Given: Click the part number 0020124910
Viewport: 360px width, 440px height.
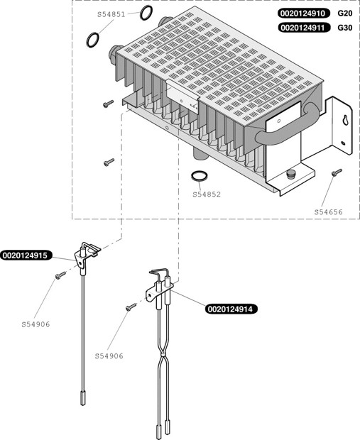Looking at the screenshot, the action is pyautogui.click(x=303, y=13).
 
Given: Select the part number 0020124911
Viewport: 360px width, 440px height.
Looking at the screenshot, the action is pyautogui.click(x=303, y=28).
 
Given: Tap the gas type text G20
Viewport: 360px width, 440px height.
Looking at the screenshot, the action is pyautogui.click(x=345, y=13).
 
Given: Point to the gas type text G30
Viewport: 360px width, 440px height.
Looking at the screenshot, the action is pyautogui.click(x=345, y=28).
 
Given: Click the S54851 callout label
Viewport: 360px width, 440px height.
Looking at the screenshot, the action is pyautogui.click(x=111, y=14).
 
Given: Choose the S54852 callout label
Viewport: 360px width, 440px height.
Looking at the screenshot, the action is pyautogui.click(x=207, y=194).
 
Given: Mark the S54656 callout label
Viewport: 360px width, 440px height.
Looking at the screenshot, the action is pyautogui.click(x=329, y=212).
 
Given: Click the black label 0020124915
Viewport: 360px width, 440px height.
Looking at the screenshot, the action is pyautogui.click(x=26, y=255).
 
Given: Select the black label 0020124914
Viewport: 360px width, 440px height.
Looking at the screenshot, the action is pyautogui.click(x=231, y=309).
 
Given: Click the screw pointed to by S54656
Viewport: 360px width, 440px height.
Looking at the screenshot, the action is pyautogui.click(x=337, y=172).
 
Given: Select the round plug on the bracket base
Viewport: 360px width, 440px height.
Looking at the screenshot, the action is pyautogui.click(x=290, y=173).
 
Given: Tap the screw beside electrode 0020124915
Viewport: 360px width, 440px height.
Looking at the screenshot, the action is pyautogui.click(x=60, y=275).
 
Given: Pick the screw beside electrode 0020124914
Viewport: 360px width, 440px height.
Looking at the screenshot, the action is pyautogui.click(x=131, y=307).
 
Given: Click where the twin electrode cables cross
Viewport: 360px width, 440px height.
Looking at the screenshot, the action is pyautogui.click(x=163, y=356).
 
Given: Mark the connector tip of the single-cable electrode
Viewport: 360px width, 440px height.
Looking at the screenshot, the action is pyautogui.click(x=83, y=398).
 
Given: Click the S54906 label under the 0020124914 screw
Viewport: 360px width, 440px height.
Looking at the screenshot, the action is pyautogui.click(x=109, y=356).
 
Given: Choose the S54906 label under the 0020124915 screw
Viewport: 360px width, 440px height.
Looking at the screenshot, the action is pyautogui.click(x=36, y=324).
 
